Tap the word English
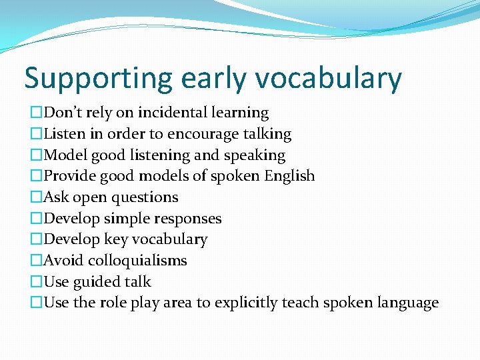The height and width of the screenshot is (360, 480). click(x=289, y=177)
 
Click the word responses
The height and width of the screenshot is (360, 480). click(x=188, y=219)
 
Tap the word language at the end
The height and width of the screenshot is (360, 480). click(x=407, y=303)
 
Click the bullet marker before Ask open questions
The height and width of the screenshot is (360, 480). click(x=36, y=197)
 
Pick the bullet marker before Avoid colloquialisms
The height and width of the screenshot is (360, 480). click(x=36, y=261)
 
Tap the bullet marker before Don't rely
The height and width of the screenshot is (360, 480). click(x=36, y=113)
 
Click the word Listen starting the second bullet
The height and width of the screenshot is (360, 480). click(x=64, y=134)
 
